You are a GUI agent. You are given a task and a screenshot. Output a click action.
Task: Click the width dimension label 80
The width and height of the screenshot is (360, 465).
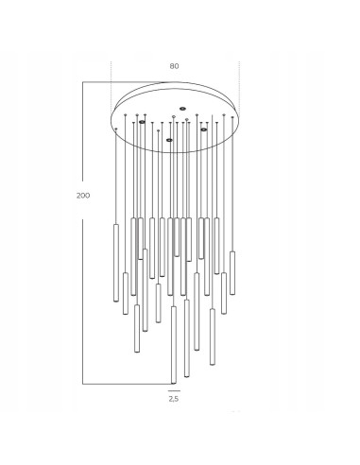point(174,66)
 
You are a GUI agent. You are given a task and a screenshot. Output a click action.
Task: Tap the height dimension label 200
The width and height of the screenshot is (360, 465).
point(83,196)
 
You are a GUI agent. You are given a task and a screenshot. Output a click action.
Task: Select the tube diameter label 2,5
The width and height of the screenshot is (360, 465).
point(174,399)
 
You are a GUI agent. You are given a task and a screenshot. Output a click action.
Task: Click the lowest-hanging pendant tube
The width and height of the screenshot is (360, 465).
point(174,345)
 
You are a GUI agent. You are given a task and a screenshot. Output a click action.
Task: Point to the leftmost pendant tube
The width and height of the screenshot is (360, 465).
point(116,263)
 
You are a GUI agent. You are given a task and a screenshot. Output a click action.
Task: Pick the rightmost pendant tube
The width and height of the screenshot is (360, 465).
point(232,273)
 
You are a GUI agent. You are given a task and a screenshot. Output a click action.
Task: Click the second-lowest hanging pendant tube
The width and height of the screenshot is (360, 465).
point(187,338)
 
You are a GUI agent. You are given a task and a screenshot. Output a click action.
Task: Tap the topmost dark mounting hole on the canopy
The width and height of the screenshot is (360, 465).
point(182,109)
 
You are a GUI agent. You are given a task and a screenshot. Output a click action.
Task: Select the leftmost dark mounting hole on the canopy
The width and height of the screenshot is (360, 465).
point(142,122)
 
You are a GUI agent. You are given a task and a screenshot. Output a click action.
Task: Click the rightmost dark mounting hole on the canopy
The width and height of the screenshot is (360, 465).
point(204,129)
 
